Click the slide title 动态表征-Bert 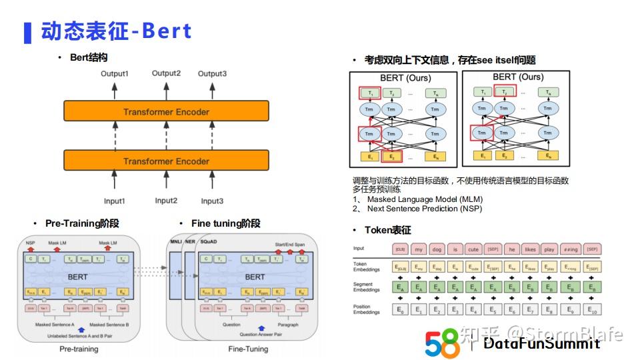click(116, 31)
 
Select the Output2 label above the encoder click(166, 73)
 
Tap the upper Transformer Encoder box click(166, 111)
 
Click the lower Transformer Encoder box click(166, 161)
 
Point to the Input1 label click(114, 201)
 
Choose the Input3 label click(212, 201)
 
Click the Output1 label click(115, 73)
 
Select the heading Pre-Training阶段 click(81, 223)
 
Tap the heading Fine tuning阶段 click(220, 223)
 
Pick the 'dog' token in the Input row click(437, 249)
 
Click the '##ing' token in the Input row click(570, 249)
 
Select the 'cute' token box click(473, 249)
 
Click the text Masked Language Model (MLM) click(425, 199)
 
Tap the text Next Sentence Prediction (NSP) click(425, 208)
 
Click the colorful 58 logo click(443, 343)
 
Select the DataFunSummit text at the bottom click(541, 343)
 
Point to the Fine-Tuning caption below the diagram click(248, 348)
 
